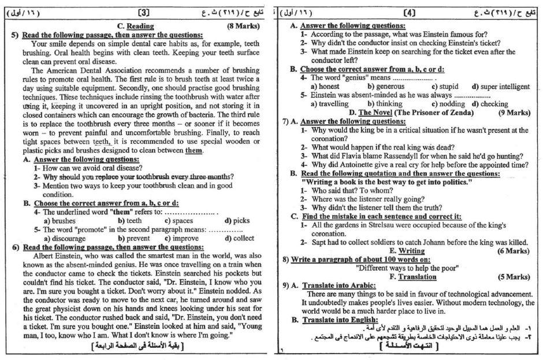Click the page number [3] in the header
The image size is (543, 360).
145,12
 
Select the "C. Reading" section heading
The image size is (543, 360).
135,26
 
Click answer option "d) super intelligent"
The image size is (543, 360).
500,86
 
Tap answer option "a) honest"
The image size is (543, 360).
325,86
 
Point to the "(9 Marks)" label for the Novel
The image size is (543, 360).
512,112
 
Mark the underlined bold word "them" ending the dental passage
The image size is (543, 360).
193,151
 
